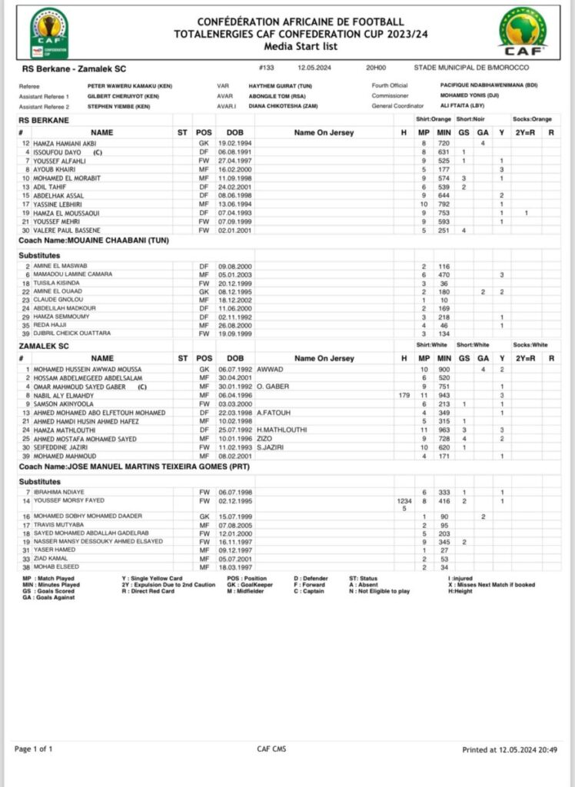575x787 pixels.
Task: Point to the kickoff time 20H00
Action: (376, 68)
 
